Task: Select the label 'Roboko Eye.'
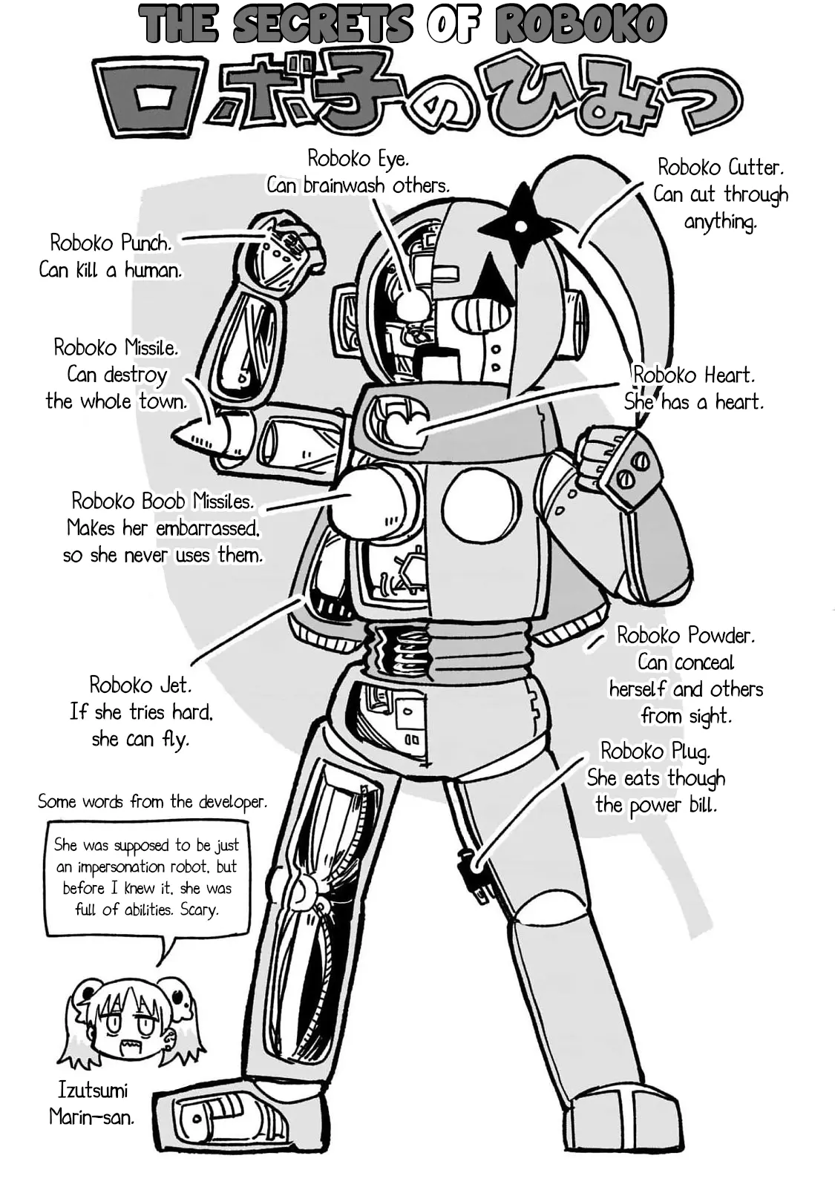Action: point(358,158)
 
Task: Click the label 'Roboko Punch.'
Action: point(111,243)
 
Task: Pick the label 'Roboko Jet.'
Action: point(140,684)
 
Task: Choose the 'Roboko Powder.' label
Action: point(686,635)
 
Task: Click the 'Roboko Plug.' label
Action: point(655,751)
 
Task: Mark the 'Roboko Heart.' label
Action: point(694,375)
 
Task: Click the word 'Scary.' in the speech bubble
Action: point(199,910)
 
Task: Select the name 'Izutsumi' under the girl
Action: point(93,1090)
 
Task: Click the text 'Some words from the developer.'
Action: point(152,802)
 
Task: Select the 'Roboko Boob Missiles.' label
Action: point(163,501)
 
